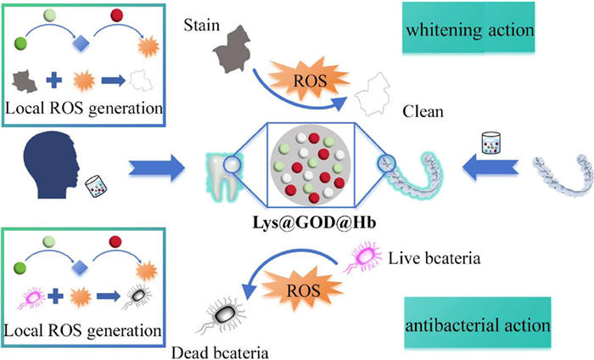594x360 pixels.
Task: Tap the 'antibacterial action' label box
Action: (x=480, y=325)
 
